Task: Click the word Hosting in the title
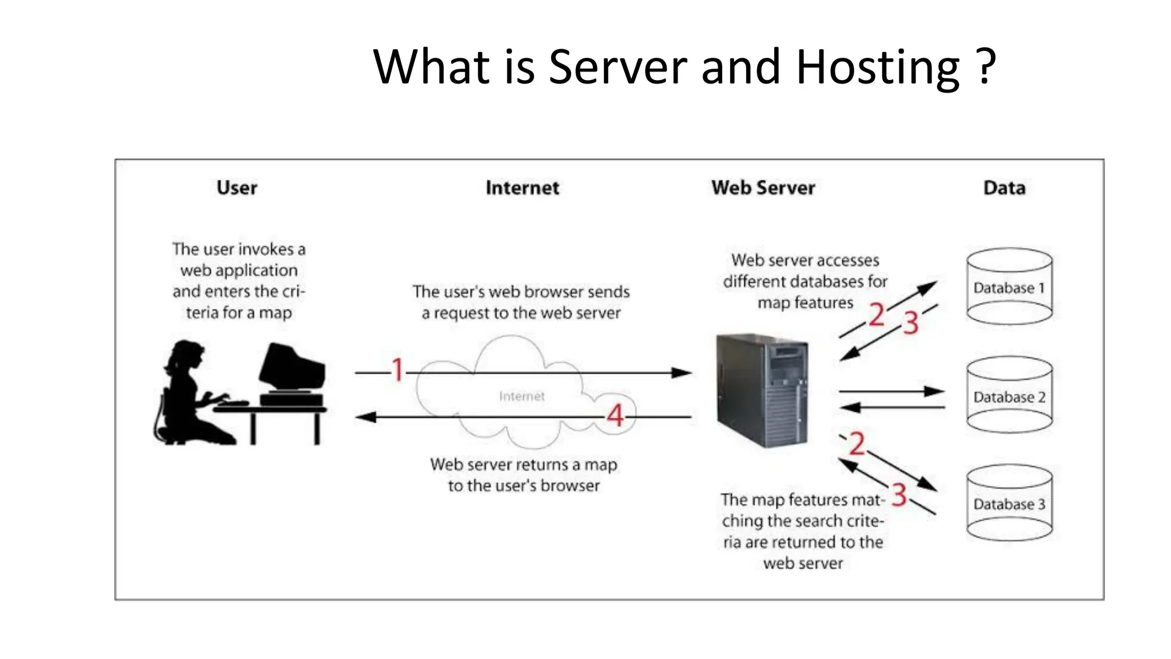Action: [x=877, y=68]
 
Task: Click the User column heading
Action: [x=237, y=188]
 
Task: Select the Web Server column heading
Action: [x=763, y=188]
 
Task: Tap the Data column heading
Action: [x=1004, y=188]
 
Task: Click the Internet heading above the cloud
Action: [x=522, y=188]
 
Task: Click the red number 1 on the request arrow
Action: [x=398, y=370]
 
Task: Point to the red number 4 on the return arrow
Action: [x=615, y=415]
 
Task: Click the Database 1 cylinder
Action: [x=1009, y=286]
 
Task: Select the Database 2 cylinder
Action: [x=1009, y=395]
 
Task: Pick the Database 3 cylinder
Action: [x=1009, y=503]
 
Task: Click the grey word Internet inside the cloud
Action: [x=521, y=396]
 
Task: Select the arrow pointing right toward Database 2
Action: [x=892, y=392]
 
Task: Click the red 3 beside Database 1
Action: [x=911, y=323]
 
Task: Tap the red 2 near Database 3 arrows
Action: [x=856, y=444]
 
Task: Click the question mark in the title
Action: [x=985, y=68]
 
